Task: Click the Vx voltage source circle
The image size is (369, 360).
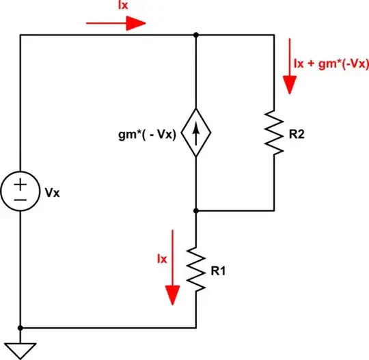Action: pyautogui.click(x=21, y=192)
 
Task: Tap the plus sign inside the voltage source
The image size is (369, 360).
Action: pyautogui.click(x=21, y=184)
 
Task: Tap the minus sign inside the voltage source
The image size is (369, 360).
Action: pyautogui.click(x=21, y=199)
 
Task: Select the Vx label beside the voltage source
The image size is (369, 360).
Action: pyautogui.click(x=52, y=193)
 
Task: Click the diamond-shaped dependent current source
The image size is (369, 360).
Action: pyautogui.click(x=196, y=133)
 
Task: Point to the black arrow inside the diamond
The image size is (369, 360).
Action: pyautogui.click(x=196, y=133)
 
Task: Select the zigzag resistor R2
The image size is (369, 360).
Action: pyautogui.click(x=275, y=132)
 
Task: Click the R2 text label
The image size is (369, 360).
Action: pyautogui.click(x=297, y=134)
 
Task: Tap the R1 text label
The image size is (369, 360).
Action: pyautogui.click(x=219, y=271)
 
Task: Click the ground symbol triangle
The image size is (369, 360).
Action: pyautogui.click(x=21, y=349)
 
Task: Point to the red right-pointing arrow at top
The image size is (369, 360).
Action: pyautogui.click(x=116, y=23)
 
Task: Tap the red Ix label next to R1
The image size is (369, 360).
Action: pyautogui.click(x=162, y=260)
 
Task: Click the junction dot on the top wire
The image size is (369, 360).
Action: pyautogui.click(x=196, y=35)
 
